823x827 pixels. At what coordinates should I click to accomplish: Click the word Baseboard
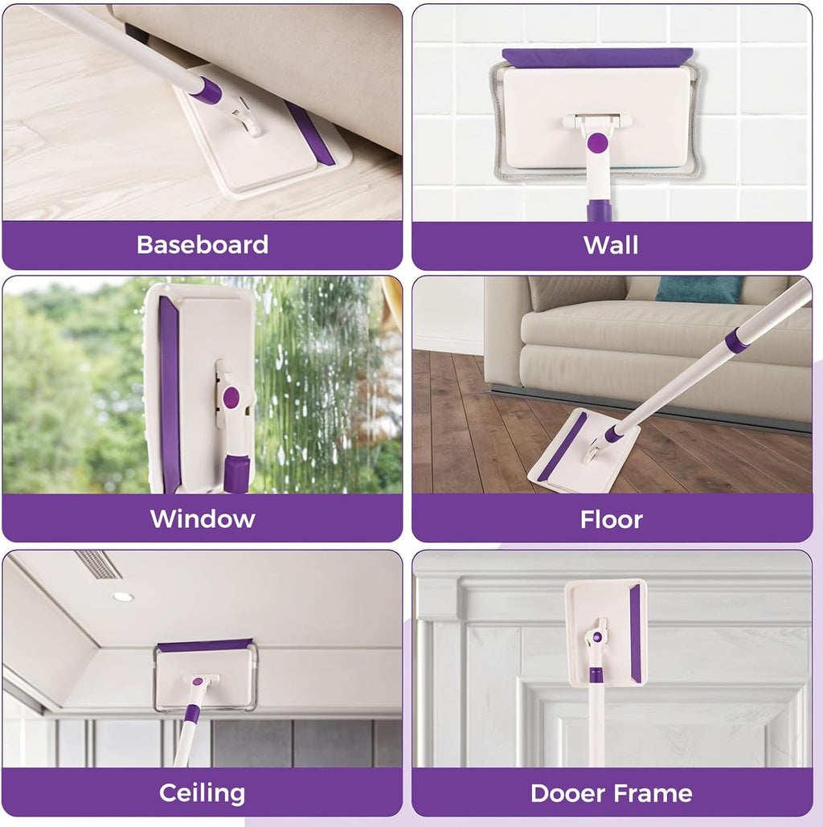pyautogui.click(x=203, y=244)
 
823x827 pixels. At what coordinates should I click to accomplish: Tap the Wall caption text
pyautogui.click(x=612, y=244)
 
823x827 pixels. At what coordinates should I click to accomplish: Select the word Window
pyautogui.click(x=203, y=518)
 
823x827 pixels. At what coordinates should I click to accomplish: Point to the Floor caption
pyautogui.click(x=612, y=519)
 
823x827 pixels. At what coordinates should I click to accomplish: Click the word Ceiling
pyautogui.click(x=202, y=793)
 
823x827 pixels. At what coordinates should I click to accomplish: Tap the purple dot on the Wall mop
pyautogui.click(x=597, y=143)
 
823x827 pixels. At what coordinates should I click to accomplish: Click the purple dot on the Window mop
pyautogui.click(x=231, y=396)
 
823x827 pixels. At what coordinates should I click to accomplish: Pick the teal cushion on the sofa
pyautogui.click(x=699, y=289)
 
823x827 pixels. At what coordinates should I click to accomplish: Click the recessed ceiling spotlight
pyautogui.click(x=123, y=596)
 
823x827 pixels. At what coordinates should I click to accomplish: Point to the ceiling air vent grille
pyautogui.click(x=98, y=564)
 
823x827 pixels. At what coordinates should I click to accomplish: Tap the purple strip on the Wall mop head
pyautogui.click(x=597, y=57)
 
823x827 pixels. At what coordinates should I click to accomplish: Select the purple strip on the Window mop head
pyautogui.click(x=170, y=394)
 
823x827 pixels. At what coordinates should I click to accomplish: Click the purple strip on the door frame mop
pyautogui.click(x=635, y=633)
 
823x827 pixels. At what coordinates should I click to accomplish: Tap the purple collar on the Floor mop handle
pyautogui.click(x=736, y=340)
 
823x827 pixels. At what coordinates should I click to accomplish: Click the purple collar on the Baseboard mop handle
pyautogui.click(x=207, y=90)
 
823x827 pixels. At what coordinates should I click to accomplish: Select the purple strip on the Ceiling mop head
pyautogui.click(x=205, y=645)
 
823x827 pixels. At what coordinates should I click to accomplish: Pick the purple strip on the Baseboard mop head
pyautogui.click(x=310, y=133)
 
